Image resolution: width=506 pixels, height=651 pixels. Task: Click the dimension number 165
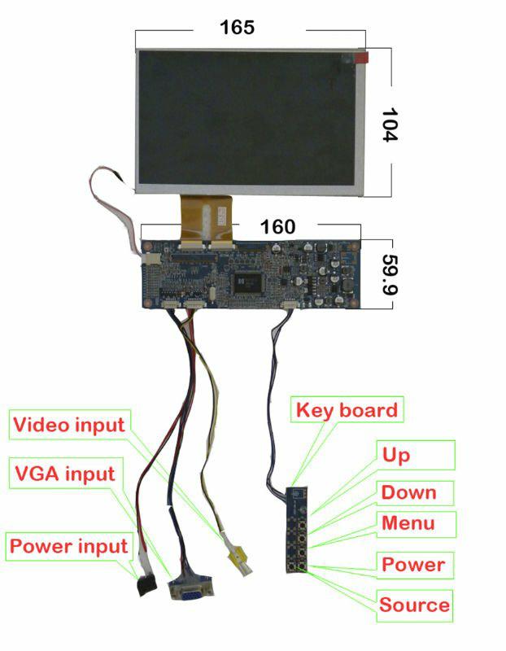click(x=238, y=27)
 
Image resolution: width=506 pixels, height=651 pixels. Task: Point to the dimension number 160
click(x=277, y=227)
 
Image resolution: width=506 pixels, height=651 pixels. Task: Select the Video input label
click(x=70, y=424)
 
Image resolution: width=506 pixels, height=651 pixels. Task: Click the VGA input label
click(x=65, y=473)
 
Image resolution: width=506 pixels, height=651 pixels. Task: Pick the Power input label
click(x=68, y=546)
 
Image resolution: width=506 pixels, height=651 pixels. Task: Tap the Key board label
click(x=347, y=409)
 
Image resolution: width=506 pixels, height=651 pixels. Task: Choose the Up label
click(x=396, y=455)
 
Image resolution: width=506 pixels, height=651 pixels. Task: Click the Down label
click(x=409, y=492)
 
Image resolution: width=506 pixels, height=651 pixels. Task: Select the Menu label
click(x=408, y=523)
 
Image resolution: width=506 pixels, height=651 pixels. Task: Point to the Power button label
click(x=413, y=564)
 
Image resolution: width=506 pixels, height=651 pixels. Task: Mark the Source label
click(x=414, y=605)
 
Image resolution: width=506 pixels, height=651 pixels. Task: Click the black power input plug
click(x=146, y=584)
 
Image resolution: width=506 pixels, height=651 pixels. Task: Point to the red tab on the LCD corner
click(x=360, y=57)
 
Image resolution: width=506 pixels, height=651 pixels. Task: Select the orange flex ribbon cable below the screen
click(x=206, y=216)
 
